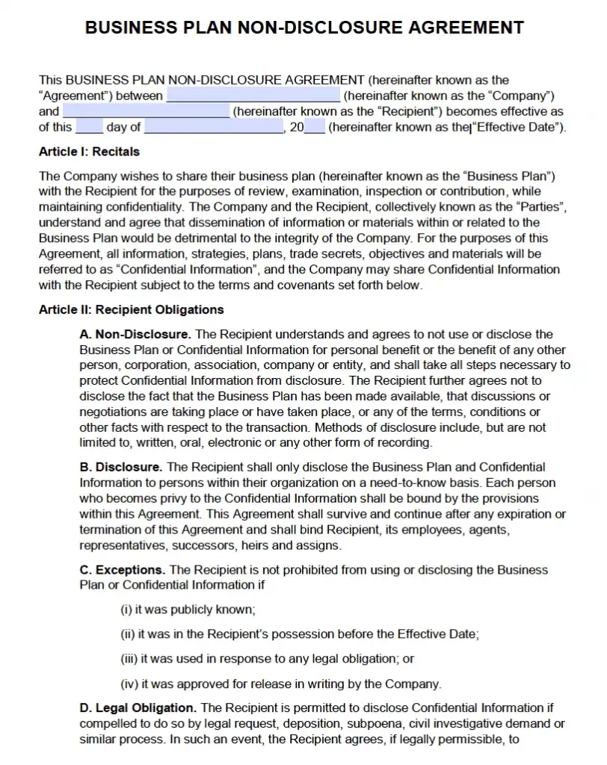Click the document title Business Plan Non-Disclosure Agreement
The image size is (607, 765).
point(303,28)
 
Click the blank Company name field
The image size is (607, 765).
point(253,96)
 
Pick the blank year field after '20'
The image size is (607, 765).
point(315,127)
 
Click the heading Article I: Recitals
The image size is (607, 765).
point(89,152)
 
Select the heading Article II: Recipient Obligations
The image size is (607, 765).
point(131,309)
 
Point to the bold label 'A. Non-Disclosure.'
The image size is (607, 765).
point(135,334)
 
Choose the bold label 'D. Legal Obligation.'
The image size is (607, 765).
point(138,707)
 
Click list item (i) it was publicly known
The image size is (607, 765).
point(188,610)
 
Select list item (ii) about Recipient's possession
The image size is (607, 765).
point(300,634)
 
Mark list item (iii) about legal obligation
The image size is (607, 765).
point(267,659)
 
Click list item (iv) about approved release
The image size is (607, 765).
point(280,684)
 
